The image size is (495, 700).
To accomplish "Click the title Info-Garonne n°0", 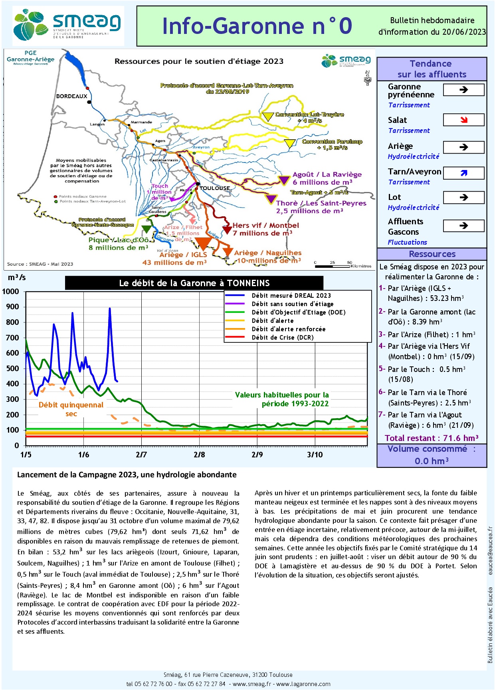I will [x=257, y=26].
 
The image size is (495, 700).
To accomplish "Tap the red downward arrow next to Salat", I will [x=463, y=120].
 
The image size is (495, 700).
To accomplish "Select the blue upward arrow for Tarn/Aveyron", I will [x=463, y=173].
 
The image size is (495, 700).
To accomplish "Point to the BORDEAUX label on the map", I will [x=71, y=96].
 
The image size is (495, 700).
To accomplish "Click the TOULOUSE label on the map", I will [x=215, y=188].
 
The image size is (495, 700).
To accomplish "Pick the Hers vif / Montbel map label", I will [x=265, y=225].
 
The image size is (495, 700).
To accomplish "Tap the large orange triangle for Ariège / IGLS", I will [x=204, y=243].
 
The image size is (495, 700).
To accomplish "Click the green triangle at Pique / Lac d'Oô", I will [x=147, y=229].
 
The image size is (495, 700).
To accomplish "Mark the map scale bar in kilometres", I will [x=333, y=266].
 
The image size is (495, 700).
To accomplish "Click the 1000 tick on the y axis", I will [x=10, y=292].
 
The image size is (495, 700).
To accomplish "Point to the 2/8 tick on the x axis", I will [x=199, y=455].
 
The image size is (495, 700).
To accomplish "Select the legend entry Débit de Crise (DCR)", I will [x=282, y=338].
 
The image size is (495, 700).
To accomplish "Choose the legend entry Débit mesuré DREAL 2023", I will [x=291, y=296].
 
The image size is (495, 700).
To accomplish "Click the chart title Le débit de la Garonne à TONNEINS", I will [x=194, y=283].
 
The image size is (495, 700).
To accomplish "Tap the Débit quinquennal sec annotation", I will [x=71, y=409].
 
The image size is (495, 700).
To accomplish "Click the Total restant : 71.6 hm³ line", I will [x=432, y=438].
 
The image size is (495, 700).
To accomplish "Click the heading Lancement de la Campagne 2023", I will [x=127, y=475].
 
